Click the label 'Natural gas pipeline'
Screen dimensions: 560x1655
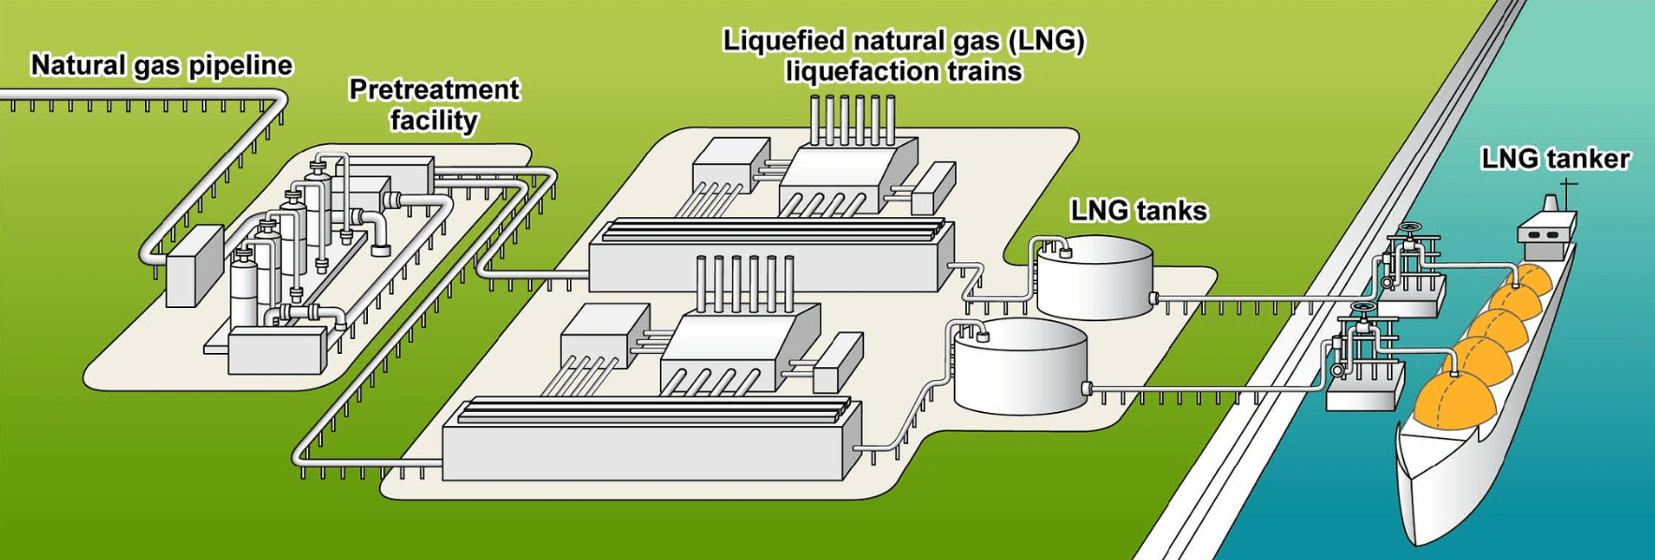tap(161, 65)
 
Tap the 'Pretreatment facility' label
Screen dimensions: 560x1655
tap(433, 104)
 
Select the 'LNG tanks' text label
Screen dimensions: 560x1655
tap(1138, 211)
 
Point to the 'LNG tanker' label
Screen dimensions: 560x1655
tap(1555, 159)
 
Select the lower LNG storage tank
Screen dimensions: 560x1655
tap(1020, 366)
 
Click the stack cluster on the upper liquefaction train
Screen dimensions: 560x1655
tap(853, 120)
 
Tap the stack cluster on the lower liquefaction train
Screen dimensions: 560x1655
tap(744, 281)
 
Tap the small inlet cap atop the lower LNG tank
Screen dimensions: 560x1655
tap(982, 334)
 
